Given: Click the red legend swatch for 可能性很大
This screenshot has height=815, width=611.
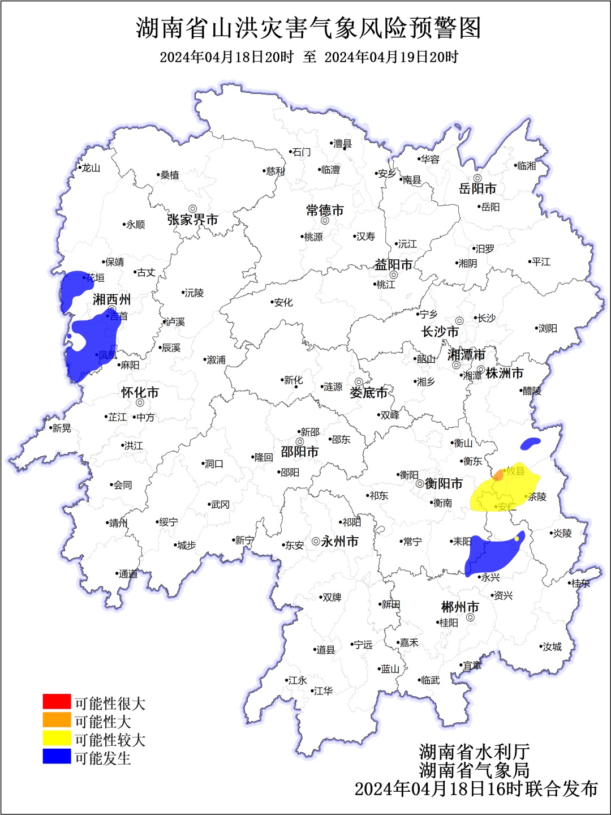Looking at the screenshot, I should (x=57, y=701).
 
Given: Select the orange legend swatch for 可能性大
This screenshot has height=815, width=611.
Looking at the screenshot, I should (x=57, y=719).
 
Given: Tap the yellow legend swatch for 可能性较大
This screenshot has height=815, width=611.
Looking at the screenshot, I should (x=57, y=737).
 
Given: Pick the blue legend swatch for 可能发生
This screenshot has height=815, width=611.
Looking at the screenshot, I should (x=57, y=756).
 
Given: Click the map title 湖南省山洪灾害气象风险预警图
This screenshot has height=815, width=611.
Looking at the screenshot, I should (x=308, y=28).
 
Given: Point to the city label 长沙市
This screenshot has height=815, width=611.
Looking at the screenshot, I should (x=440, y=332).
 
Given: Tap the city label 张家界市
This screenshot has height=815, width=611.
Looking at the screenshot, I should (x=192, y=220).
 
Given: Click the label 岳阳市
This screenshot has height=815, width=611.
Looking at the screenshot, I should (x=477, y=188).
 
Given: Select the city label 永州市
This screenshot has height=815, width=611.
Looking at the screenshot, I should (x=339, y=542).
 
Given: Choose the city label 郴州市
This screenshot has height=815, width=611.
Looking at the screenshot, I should (x=460, y=607).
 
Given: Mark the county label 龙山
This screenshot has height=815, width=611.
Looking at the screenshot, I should (x=91, y=168).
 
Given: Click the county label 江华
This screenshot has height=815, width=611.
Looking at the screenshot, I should (x=323, y=691).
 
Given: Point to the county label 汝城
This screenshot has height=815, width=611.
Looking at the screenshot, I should (x=552, y=647).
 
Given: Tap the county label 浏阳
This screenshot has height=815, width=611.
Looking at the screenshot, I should (x=548, y=328).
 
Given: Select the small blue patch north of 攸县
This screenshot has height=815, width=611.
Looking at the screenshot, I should (x=530, y=443).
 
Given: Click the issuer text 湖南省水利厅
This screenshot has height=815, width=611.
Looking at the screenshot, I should (x=474, y=752).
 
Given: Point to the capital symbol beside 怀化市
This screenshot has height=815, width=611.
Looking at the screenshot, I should (x=140, y=403).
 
